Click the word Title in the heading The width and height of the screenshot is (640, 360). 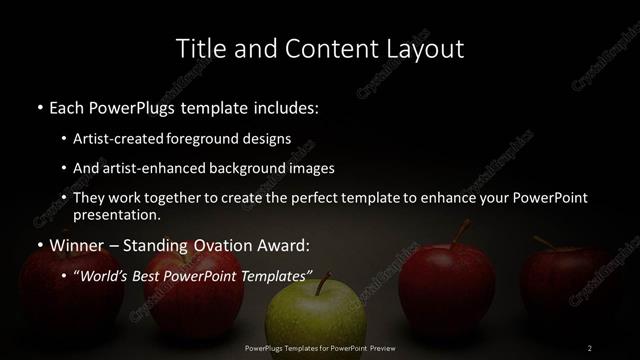198,48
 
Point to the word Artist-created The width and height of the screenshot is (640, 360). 120,140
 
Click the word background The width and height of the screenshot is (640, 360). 242,168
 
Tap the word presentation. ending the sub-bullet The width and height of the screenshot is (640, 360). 116,214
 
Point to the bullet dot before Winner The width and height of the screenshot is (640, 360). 39,245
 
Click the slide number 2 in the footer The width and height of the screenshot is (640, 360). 590,347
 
